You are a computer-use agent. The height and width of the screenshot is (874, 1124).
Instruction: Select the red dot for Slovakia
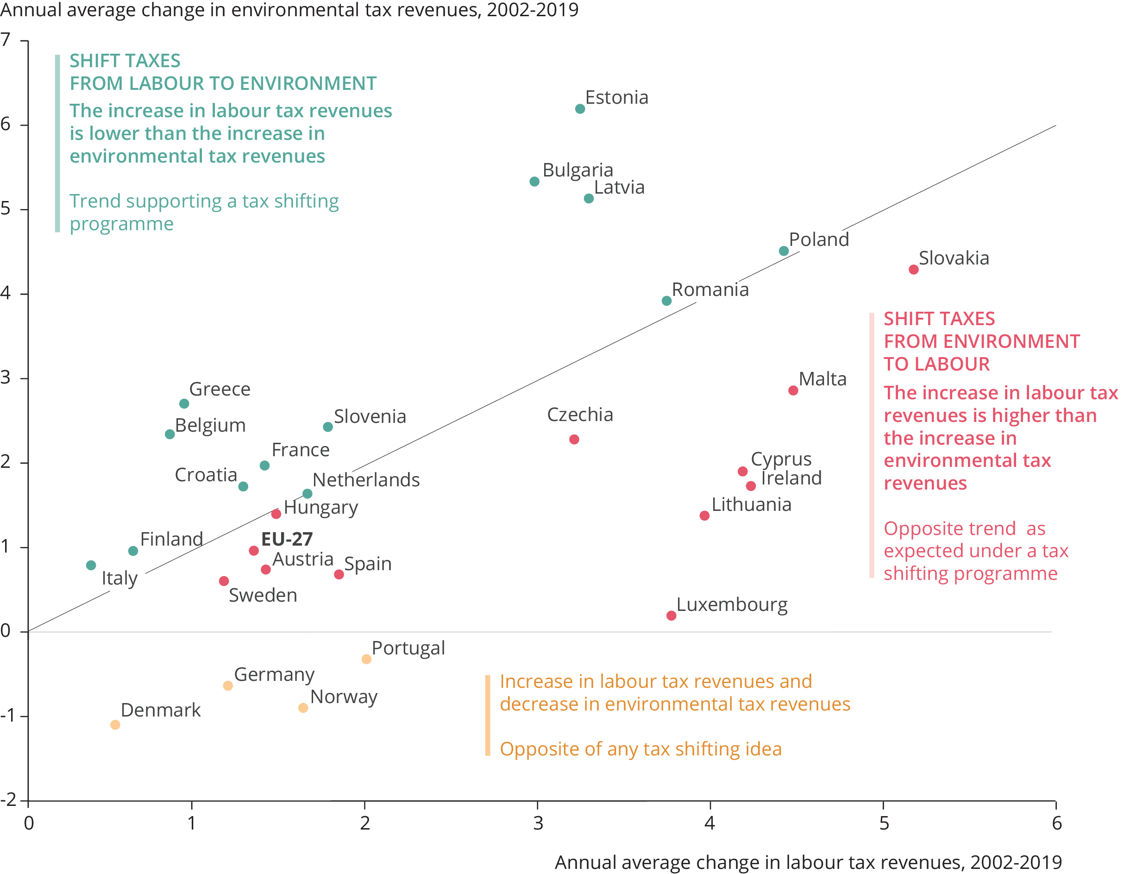[913, 270]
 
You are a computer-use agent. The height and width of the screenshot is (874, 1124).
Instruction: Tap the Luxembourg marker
[671, 616]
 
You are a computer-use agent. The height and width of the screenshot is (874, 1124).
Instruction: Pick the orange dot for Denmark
[115, 725]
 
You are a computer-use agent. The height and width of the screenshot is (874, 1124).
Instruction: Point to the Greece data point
[184, 403]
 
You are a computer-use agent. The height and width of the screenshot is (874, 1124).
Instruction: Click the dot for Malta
[793, 390]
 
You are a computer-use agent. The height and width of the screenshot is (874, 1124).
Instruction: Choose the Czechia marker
[574, 440]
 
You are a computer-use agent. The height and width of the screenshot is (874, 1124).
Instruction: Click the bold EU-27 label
[287, 539]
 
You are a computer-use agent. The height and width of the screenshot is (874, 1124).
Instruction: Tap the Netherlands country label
[366, 480]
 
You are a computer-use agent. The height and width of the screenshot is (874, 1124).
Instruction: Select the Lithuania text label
[751, 504]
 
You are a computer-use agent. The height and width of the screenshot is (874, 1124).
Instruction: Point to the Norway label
[344, 697]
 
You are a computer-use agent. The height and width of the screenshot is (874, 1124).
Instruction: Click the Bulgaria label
[578, 170]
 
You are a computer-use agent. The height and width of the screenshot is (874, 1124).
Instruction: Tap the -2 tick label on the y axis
[8, 799]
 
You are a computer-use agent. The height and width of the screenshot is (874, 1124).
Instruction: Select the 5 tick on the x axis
[884, 823]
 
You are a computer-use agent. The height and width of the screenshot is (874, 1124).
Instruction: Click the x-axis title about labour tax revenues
[808, 861]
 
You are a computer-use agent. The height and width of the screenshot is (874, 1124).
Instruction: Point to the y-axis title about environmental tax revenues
[289, 10]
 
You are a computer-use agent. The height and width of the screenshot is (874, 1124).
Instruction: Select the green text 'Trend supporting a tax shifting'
[204, 201]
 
